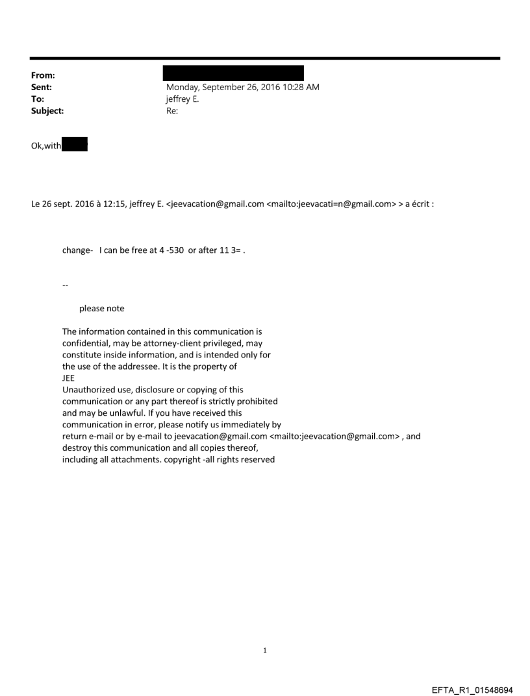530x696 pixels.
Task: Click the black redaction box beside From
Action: [x=233, y=73]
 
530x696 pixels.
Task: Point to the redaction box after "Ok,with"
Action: [x=75, y=145]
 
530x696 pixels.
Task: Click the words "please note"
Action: [x=102, y=308]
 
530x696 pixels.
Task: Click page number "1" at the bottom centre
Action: [x=265, y=650]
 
